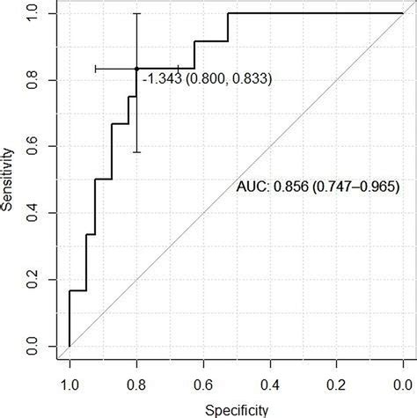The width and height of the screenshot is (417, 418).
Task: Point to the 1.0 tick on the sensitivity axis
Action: (x=33, y=13)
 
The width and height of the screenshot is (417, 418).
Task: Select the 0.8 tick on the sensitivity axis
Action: (x=33, y=80)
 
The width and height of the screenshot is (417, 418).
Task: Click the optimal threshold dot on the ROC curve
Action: (x=136, y=69)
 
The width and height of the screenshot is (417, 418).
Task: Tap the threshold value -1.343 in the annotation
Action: (x=158, y=79)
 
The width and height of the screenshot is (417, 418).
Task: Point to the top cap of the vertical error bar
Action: (x=136, y=13)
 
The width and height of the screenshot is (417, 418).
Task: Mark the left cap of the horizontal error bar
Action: (x=94, y=69)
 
